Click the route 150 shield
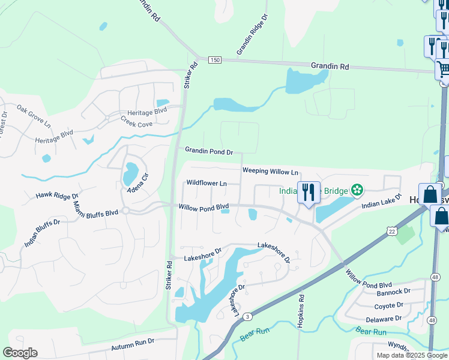tap(215, 60)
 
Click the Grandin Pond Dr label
tap(208, 152)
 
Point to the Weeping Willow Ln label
tap(270, 171)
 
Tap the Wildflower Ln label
tap(206, 182)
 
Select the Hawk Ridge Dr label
tap(58, 196)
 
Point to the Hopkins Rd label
tap(301, 310)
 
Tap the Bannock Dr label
tap(393, 293)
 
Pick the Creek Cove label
tap(136, 124)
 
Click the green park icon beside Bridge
tap(357, 190)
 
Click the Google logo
tap(20, 353)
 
